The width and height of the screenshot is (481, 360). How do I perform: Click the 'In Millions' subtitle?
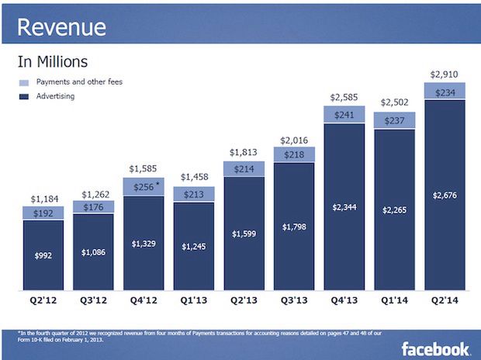tap(53, 61)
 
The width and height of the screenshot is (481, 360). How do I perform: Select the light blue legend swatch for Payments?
tap(23, 82)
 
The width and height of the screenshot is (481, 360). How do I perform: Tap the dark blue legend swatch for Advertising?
tap(23, 96)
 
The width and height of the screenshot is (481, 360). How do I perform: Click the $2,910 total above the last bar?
tap(445, 74)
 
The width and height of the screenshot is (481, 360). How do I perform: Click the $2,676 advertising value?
tap(445, 195)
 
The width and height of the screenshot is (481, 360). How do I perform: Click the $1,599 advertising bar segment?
tap(244, 234)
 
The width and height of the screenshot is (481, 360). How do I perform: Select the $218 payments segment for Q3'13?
tap(294, 155)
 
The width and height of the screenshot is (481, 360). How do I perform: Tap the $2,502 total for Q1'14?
tap(395, 102)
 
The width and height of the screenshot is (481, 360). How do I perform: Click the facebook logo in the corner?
tap(435, 348)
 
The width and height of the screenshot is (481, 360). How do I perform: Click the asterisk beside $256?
tap(157, 184)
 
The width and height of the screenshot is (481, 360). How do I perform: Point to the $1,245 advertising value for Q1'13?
tap(193, 246)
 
